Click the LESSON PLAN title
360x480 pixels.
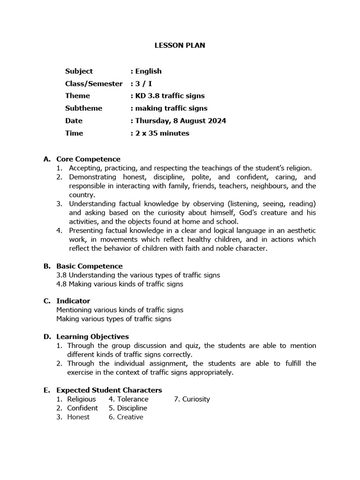pyautogui.click(x=180, y=45)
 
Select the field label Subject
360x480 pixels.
pyautogui.click(x=79, y=71)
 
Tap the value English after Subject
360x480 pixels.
pyautogui.click(x=148, y=71)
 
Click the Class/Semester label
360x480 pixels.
pyautogui.click(x=94, y=83)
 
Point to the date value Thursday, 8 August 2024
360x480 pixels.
pyautogui.click(x=180, y=120)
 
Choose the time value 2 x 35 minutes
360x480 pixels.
pyautogui.click(x=162, y=133)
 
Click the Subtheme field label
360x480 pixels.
pyautogui.click(x=83, y=108)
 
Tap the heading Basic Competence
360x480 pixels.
pyautogui.click(x=89, y=266)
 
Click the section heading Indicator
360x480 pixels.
pyautogui.click(x=73, y=301)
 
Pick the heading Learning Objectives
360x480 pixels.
pyautogui.click(x=92, y=337)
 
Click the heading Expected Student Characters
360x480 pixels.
pyautogui.click(x=109, y=390)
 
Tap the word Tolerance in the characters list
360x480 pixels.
pyautogui.click(x=133, y=399)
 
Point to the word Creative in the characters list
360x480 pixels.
pyautogui.click(x=130, y=417)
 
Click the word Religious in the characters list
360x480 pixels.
pyautogui.click(x=82, y=399)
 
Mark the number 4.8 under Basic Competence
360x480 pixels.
pyautogui.click(x=61, y=284)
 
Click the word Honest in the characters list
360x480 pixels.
pyautogui.click(x=78, y=417)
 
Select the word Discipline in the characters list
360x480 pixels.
pyautogui.click(x=132, y=408)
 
